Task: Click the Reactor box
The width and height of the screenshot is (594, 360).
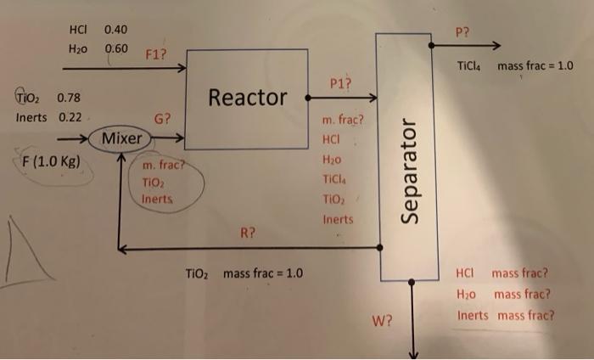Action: [x=247, y=97]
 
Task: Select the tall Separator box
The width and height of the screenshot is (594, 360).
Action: [x=411, y=157]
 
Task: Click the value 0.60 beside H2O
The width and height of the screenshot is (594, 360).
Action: [x=116, y=48]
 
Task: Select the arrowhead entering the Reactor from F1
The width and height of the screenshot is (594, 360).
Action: [x=181, y=68]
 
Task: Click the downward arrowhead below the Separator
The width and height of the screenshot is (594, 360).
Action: [x=412, y=353]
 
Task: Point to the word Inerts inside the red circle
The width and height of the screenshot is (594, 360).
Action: [x=158, y=198]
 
